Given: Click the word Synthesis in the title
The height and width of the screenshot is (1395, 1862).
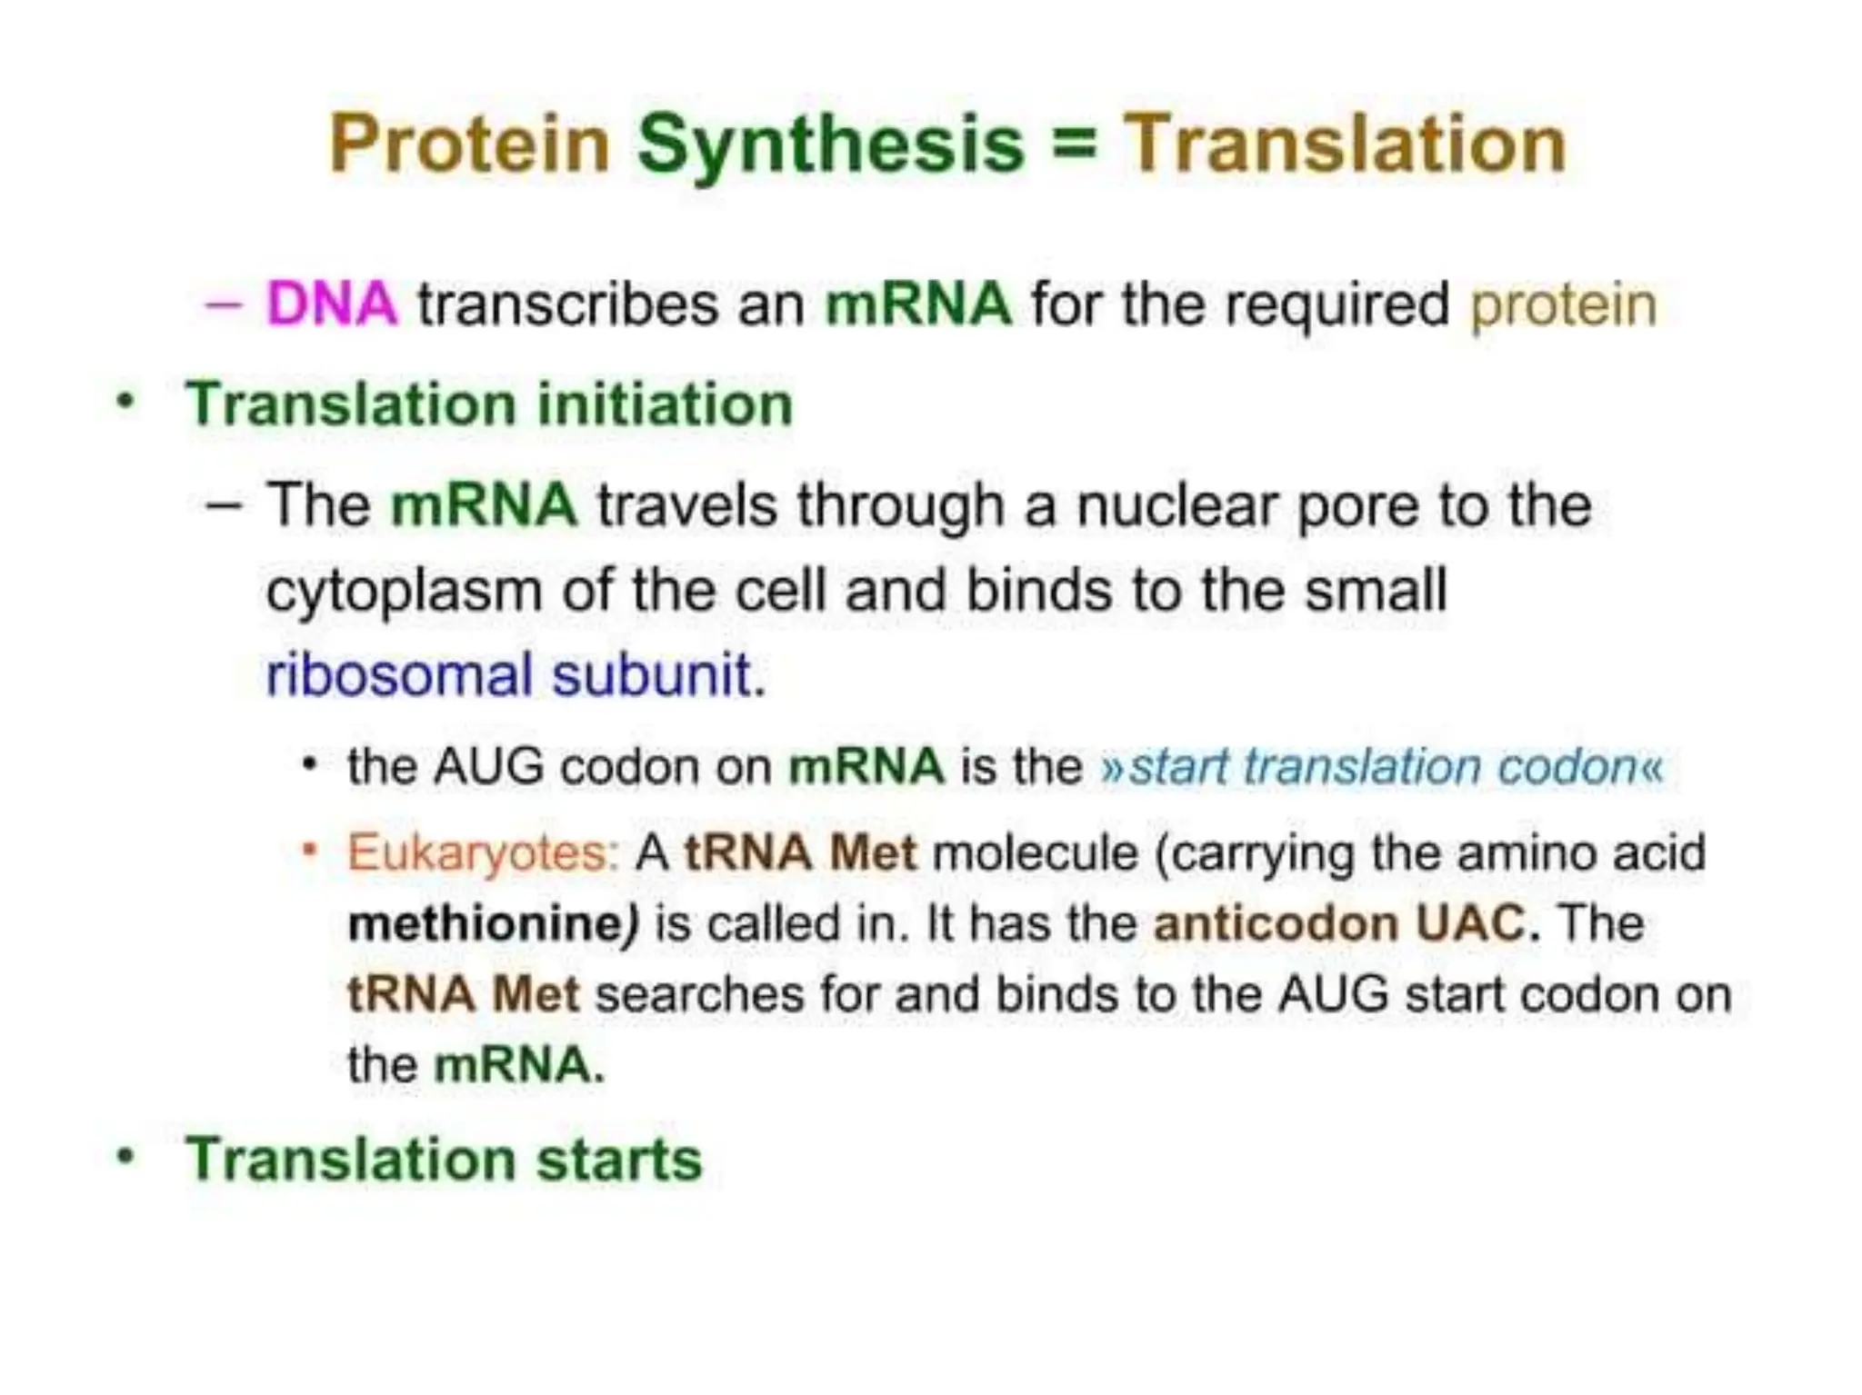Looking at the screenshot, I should (830, 145).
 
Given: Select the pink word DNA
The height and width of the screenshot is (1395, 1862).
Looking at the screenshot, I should (332, 304).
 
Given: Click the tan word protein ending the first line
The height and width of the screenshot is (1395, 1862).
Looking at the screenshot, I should (1563, 305).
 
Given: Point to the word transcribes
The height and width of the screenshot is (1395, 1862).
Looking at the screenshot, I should (567, 304).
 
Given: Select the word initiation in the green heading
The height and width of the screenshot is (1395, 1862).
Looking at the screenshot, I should (665, 404).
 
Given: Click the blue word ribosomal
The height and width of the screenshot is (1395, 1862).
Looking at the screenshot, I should (398, 675).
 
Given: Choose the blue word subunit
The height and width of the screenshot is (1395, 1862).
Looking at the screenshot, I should (652, 675).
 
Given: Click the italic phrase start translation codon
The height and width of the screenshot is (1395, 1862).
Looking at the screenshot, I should (1382, 766).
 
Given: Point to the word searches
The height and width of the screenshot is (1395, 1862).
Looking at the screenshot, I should (699, 993).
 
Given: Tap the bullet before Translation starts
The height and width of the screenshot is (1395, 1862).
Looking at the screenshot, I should (126, 1157).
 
